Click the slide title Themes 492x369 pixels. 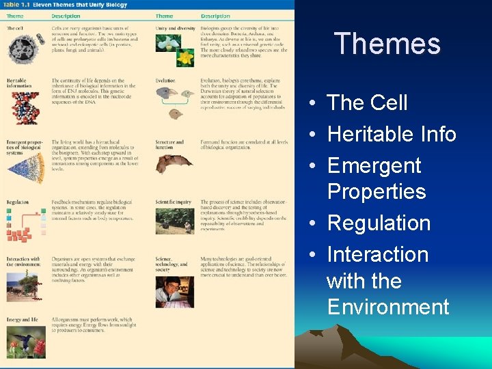387,44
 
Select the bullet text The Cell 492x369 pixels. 367,103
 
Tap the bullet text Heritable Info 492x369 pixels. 392,135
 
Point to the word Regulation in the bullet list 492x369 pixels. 379,223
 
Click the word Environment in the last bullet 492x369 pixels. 388,307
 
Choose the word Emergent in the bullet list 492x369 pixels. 374,166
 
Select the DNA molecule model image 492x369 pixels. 25,107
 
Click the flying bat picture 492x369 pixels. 174,163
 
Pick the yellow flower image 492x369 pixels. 184,57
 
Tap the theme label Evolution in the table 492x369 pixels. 165,81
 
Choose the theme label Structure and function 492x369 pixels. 169,145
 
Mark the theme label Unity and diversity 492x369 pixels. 174,27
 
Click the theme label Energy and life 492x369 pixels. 22,319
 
